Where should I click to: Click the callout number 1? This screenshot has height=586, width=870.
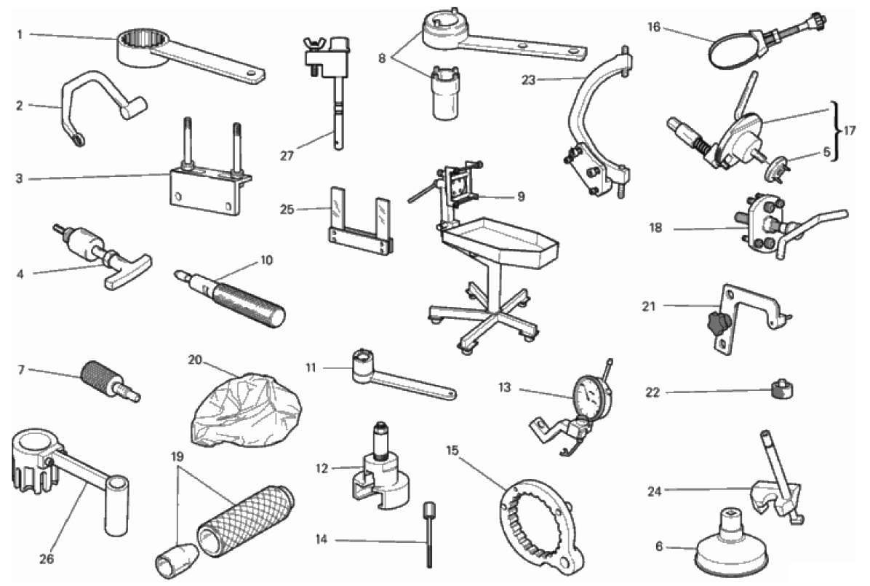point(20,34)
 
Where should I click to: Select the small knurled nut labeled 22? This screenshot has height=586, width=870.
point(782,388)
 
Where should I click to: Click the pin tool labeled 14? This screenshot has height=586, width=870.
point(429,534)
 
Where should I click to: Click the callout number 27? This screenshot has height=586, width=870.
point(287,156)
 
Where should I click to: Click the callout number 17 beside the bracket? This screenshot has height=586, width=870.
point(850,131)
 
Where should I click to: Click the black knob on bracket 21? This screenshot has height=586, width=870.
point(717,322)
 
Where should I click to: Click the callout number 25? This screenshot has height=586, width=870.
point(287,210)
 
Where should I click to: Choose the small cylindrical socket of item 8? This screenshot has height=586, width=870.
point(445,92)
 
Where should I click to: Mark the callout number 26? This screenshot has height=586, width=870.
point(46,558)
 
